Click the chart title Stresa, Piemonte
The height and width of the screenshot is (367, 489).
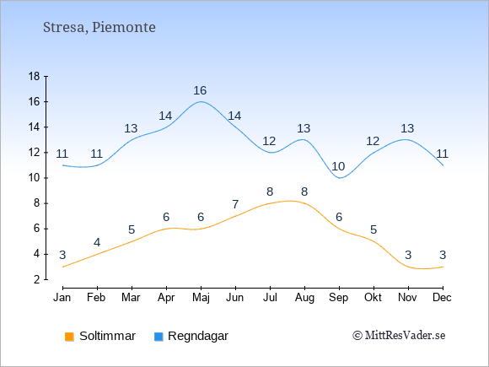(x=99, y=28)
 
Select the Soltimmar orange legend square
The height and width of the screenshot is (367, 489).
(x=69, y=337)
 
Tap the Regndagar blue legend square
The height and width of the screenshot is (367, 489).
(x=159, y=337)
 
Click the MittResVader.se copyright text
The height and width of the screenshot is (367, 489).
(x=399, y=336)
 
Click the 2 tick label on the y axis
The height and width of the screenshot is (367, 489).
(x=37, y=279)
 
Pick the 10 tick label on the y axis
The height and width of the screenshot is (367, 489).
(x=34, y=178)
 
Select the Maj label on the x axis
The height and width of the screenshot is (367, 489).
(x=201, y=298)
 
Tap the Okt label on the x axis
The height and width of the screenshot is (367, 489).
(x=373, y=298)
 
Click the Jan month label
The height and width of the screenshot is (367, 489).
(x=62, y=298)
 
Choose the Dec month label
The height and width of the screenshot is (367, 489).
(x=442, y=298)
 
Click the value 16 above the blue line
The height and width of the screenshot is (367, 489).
(x=200, y=90)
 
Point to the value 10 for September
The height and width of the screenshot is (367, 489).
(x=338, y=167)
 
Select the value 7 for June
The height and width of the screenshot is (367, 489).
(x=235, y=205)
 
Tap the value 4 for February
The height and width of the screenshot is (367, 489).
(x=97, y=242)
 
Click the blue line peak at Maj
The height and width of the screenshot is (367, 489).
(x=201, y=101)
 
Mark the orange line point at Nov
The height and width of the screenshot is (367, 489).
(x=408, y=267)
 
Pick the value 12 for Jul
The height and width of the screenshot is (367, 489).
(x=269, y=142)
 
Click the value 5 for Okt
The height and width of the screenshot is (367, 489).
(x=373, y=230)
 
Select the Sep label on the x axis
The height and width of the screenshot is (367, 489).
(x=338, y=298)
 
